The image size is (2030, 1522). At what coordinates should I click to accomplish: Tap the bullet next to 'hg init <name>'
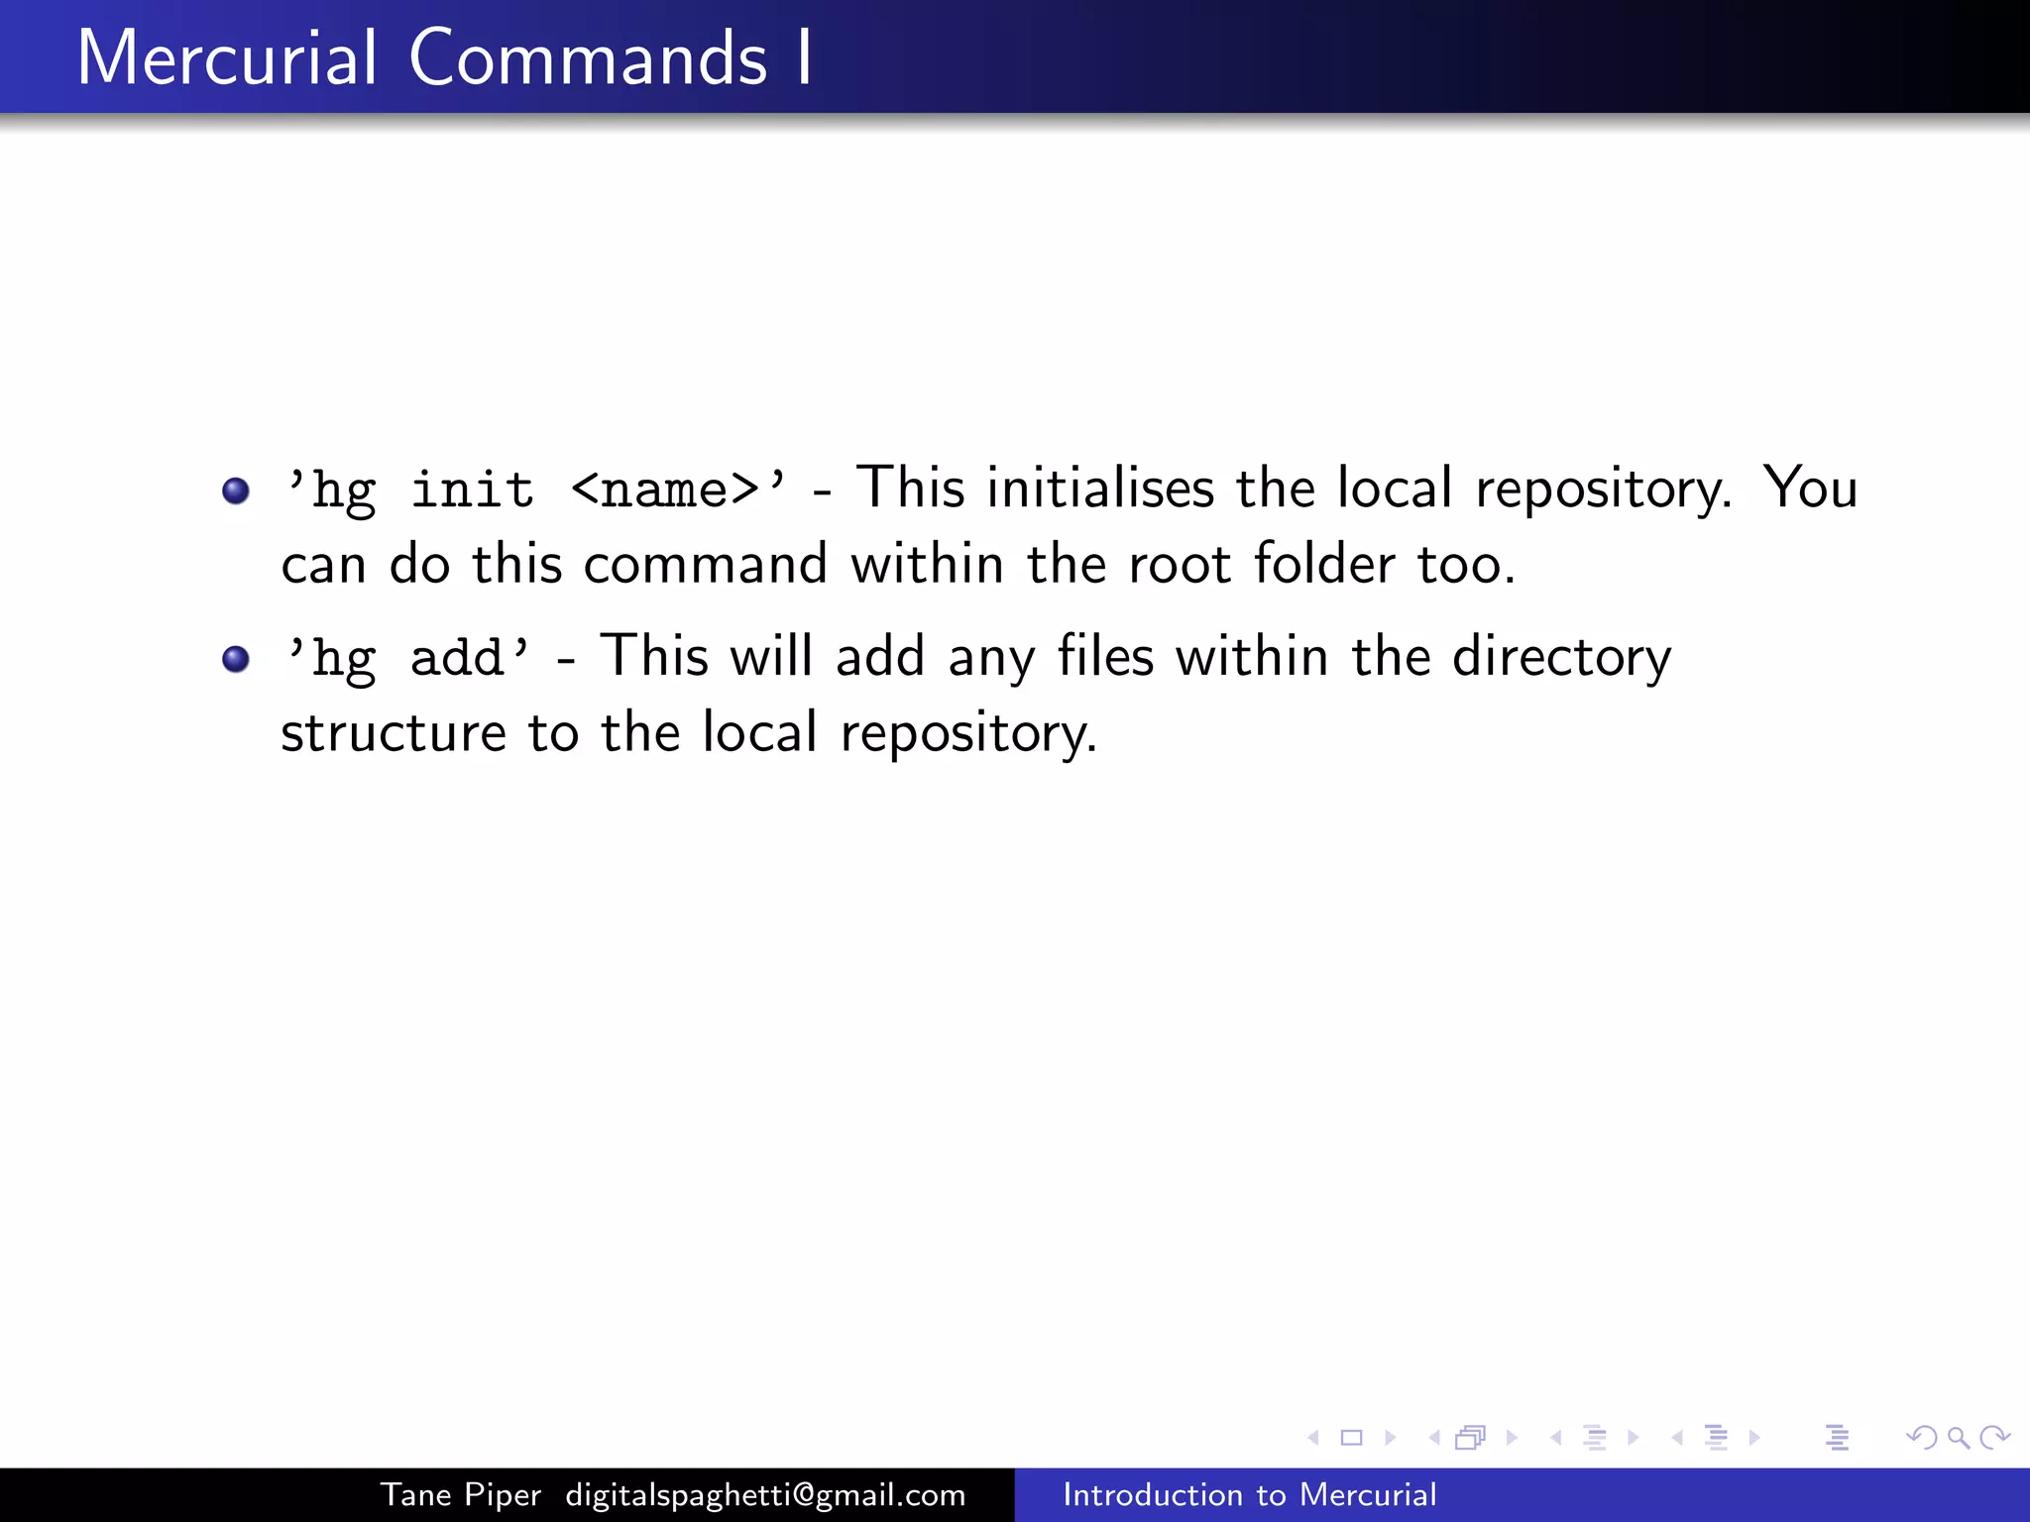(x=236, y=490)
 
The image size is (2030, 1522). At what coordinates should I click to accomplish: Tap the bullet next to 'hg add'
(x=236, y=659)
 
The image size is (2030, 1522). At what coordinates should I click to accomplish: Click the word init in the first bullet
(x=472, y=489)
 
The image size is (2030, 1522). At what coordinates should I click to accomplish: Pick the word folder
(x=1325, y=564)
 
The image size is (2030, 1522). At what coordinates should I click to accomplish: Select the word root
(x=1180, y=566)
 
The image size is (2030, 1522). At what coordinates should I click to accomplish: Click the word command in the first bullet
(x=705, y=565)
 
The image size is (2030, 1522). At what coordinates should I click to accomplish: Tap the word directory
(x=1561, y=658)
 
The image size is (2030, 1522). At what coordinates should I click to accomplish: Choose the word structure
(x=394, y=733)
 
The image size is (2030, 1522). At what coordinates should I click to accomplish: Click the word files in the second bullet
(x=1105, y=656)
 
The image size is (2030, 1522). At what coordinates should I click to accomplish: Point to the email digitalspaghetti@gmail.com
(x=765, y=1495)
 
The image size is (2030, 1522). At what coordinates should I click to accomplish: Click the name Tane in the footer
(x=416, y=1495)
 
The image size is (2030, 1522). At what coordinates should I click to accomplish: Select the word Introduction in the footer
(x=1149, y=1495)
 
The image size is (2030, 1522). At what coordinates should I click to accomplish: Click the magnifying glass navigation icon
(x=1958, y=1438)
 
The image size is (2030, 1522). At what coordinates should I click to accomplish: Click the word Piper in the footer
(x=503, y=1495)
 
